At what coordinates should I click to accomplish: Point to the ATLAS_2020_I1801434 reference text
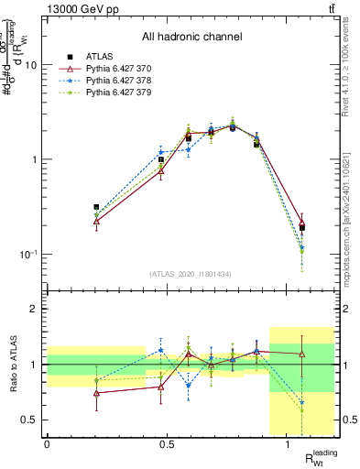[191, 274]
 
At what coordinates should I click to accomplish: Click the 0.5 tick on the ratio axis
[31, 420]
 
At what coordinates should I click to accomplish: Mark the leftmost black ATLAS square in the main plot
[71, 207]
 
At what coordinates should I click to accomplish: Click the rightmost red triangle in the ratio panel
[301, 354]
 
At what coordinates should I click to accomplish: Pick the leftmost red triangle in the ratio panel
[71, 393]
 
